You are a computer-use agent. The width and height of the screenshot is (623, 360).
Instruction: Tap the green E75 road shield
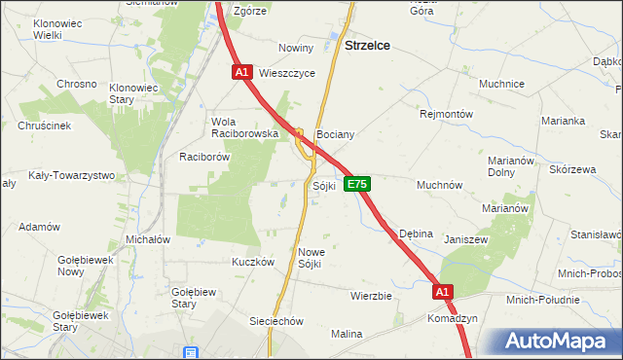[357, 184]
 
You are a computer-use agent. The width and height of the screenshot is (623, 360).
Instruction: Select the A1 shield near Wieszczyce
[242, 72]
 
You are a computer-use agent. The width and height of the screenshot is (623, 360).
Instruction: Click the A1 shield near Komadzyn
[443, 291]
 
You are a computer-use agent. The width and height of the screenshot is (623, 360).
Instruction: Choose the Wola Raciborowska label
[245, 127]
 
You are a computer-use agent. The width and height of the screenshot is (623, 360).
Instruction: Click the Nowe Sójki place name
[310, 257]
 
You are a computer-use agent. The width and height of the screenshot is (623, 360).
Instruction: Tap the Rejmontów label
[446, 114]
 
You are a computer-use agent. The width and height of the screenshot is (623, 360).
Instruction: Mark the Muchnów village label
[439, 184]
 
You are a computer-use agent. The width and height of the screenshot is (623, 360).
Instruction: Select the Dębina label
[417, 234]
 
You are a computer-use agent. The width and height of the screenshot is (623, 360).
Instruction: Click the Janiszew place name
[465, 238]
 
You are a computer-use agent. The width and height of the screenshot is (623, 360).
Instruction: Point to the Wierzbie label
[370, 295]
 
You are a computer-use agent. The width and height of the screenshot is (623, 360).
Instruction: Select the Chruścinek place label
[44, 126]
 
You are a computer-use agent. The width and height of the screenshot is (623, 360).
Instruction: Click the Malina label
[347, 334]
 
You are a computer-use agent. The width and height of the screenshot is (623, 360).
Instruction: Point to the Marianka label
[564, 121]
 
